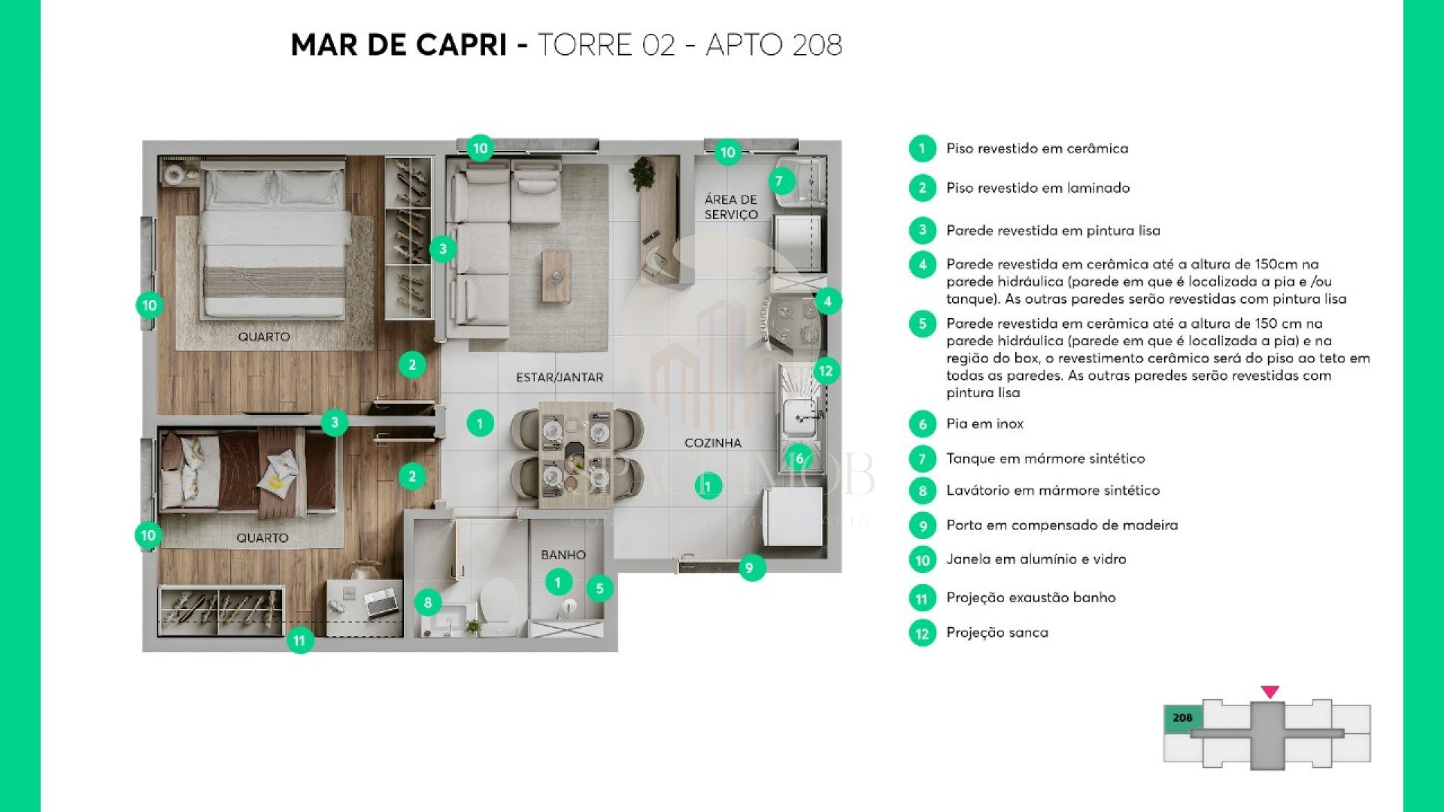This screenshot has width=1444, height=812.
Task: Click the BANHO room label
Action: coord(563,555)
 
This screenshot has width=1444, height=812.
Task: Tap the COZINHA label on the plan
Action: coord(713,443)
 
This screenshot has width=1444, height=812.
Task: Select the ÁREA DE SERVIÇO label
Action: coord(731,207)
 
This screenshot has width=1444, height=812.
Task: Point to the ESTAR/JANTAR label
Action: coord(560,377)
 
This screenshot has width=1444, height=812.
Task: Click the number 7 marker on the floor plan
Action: coord(780,181)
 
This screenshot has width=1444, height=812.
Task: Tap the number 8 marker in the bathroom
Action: coord(428,602)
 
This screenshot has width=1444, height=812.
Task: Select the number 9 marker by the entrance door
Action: coord(750,568)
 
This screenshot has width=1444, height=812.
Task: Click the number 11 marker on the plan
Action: coord(299,641)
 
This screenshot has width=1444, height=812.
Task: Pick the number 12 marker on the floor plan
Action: coord(826,371)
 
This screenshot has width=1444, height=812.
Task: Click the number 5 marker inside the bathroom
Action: coord(600,589)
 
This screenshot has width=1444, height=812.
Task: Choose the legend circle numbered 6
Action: coord(923,424)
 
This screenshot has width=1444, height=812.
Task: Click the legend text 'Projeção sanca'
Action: coord(997,633)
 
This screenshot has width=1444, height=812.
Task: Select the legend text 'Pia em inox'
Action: coord(985,424)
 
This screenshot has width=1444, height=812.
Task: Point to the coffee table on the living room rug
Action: coord(556,276)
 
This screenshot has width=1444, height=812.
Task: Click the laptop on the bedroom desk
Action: coord(381,602)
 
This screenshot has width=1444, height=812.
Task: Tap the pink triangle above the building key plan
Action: coord(1270,692)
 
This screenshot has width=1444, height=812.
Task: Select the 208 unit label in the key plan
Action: coord(1182,718)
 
